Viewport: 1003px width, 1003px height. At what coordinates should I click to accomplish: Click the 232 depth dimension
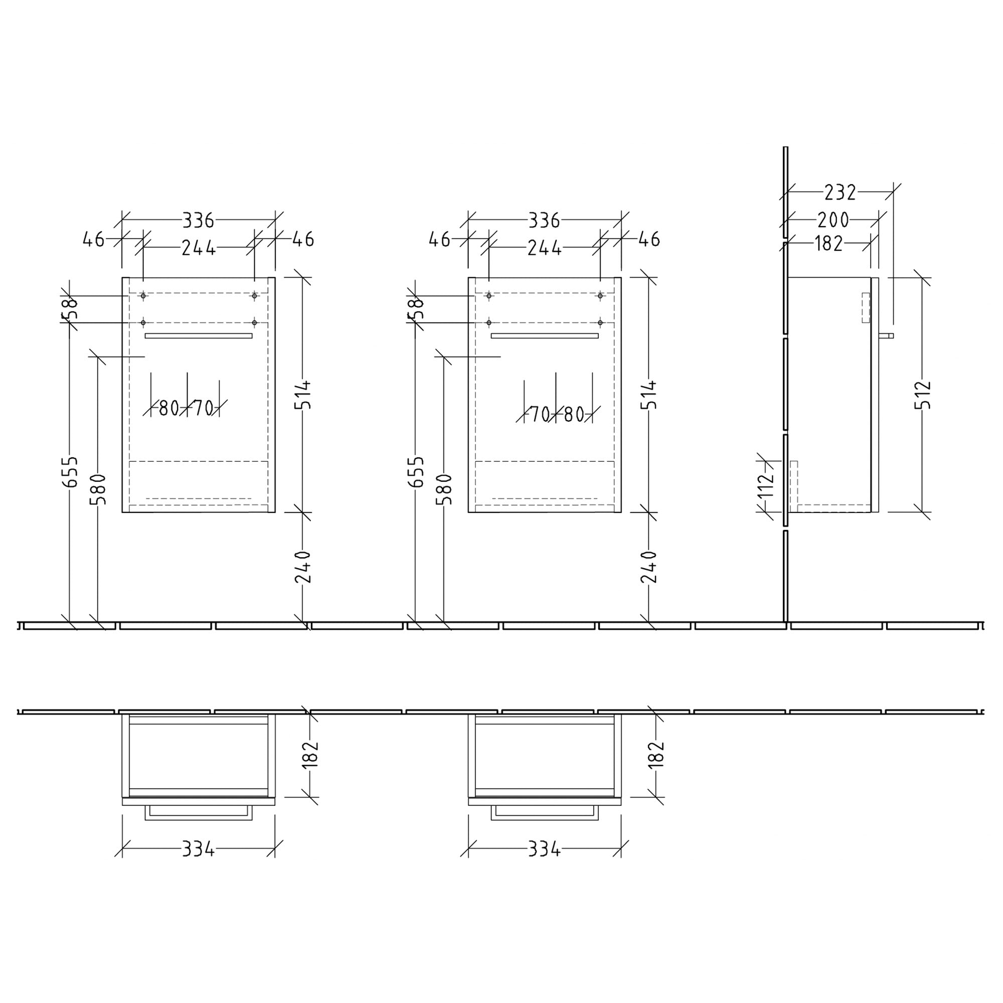point(840,193)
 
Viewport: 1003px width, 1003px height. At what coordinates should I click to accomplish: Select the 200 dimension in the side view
point(832,220)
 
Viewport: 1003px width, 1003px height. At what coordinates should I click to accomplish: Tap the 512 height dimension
point(923,395)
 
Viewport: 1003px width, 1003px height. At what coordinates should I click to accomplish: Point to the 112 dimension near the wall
point(765,485)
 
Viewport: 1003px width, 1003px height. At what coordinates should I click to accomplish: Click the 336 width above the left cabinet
point(198,221)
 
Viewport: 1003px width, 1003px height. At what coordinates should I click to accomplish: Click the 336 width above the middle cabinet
point(544,221)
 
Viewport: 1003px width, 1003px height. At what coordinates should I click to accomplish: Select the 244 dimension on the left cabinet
point(198,248)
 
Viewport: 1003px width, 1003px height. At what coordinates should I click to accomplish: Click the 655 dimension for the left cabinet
point(70,471)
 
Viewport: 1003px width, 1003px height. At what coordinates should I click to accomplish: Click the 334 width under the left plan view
point(198,850)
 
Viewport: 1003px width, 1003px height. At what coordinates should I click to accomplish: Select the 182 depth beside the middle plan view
point(656,754)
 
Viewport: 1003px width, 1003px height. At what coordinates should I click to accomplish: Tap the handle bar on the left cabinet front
point(198,336)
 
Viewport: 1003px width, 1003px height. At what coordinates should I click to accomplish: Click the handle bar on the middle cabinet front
point(544,336)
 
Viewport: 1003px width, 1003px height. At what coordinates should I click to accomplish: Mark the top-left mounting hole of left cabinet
point(143,296)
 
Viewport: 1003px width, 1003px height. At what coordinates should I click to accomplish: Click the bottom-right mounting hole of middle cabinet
point(600,323)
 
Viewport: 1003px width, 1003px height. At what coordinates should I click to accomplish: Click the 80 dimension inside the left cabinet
point(169,409)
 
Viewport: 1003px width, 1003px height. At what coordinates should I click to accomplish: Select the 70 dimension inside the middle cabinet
point(540,414)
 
